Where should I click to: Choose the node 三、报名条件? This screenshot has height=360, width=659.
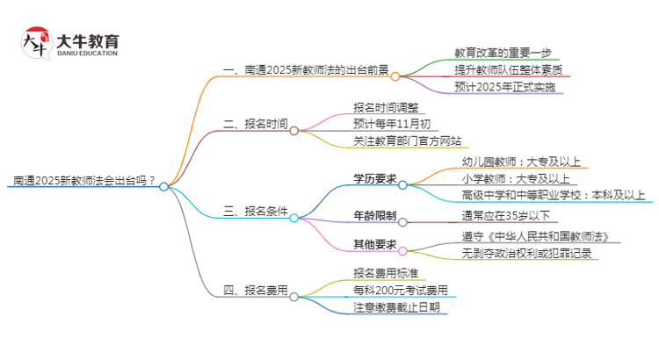pos(256,211)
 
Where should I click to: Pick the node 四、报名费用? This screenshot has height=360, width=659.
pos(256,290)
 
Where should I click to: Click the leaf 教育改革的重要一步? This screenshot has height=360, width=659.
pos(503,53)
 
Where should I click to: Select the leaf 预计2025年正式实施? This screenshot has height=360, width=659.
pos(504,87)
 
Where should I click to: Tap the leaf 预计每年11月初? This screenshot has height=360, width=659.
pos(392,123)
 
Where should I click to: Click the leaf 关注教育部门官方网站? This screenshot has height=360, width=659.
pos(406,140)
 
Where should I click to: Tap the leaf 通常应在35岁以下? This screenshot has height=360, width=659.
pos(504,215)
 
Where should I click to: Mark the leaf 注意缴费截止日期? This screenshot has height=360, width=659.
pos(400,307)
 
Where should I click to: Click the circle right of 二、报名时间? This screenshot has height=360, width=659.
pos(294,131)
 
